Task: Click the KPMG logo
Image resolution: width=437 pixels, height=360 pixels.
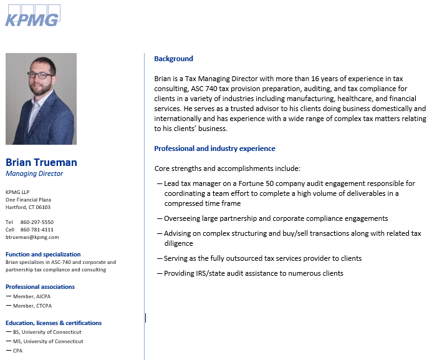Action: [x=32, y=16]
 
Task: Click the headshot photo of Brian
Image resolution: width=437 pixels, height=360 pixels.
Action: [x=41, y=99]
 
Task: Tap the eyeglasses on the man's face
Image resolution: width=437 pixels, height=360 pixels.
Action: [x=41, y=75]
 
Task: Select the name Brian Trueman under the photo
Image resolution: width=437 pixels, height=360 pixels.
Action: [x=41, y=162]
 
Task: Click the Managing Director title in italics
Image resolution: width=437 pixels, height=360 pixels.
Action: [x=34, y=173]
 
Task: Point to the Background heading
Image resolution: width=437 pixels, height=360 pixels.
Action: [x=173, y=59]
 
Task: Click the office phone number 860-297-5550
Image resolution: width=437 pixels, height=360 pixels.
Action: [x=37, y=222]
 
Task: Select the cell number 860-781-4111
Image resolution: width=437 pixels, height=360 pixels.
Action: [x=37, y=230]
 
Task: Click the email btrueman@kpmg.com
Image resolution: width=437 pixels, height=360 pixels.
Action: [x=32, y=237]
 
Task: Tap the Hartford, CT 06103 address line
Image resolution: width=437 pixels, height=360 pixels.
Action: [x=28, y=207]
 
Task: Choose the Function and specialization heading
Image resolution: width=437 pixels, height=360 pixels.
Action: [x=43, y=255]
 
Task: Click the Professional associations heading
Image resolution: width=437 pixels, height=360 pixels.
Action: [x=40, y=287]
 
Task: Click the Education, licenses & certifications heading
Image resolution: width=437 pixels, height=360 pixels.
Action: [x=54, y=323]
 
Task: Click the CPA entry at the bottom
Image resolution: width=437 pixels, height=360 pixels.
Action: [x=18, y=351]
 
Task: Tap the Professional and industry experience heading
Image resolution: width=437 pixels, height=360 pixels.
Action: [x=214, y=148]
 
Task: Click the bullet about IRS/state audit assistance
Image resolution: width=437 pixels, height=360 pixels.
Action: [x=253, y=273]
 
